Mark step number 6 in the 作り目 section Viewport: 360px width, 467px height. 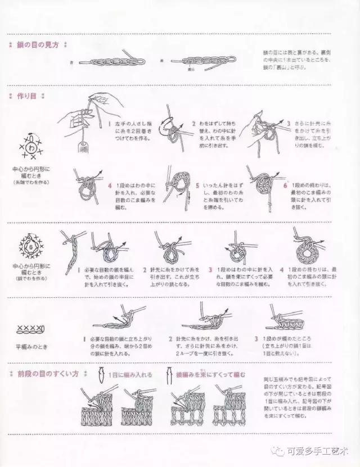pos(285,184)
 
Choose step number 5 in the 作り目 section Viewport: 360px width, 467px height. pos(197,185)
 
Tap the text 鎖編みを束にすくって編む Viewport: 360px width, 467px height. pos(210,374)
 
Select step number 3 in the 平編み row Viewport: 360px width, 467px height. pos(256,339)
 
